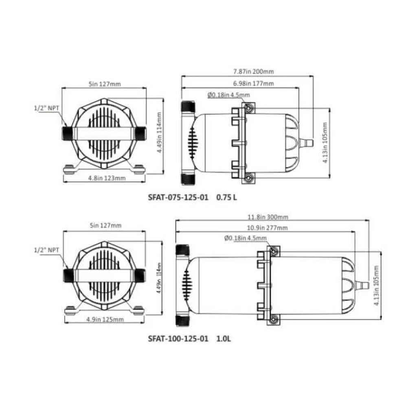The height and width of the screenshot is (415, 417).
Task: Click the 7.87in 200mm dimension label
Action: click(x=253, y=72)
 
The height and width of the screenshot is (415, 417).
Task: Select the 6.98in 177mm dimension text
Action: click(x=253, y=83)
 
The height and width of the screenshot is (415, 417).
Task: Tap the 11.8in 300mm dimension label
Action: click(x=268, y=217)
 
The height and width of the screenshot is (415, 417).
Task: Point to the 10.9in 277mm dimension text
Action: click(x=267, y=228)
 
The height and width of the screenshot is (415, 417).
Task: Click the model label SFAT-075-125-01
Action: click(x=178, y=197)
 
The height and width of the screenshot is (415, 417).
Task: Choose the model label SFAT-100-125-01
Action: click(x=178, y=339)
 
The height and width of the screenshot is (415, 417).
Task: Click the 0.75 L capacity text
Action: click(x=226, y=197)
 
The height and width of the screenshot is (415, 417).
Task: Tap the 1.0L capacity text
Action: click(x=224, y=339)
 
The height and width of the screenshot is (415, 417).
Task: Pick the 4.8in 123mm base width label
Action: click(x=107, y=178)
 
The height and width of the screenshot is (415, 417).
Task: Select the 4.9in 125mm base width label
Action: click(x=105, y=319)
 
